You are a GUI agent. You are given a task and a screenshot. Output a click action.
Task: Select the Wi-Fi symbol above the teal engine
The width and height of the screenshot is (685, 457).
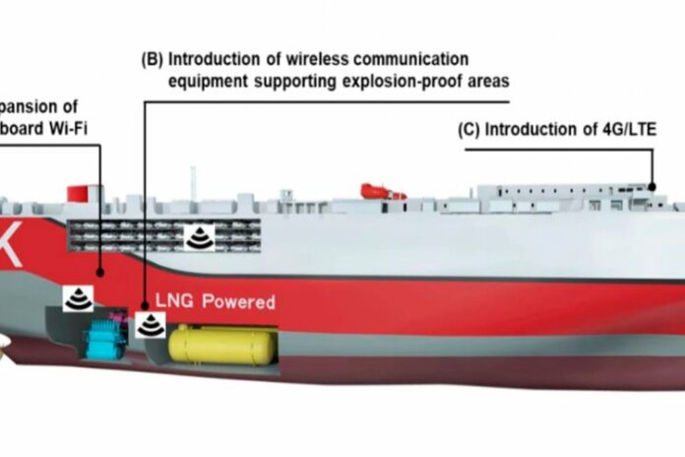click(x=77, y=295)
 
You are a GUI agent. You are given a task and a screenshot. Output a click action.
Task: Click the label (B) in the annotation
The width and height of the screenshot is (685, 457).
click(x=153, y=59)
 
